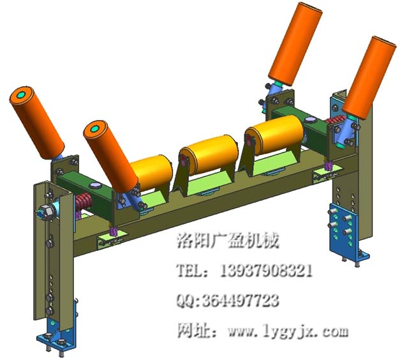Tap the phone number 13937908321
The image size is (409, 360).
pyautogui.click(x=267, y=271)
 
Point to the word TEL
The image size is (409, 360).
pyautogui.click(x=191, y=271)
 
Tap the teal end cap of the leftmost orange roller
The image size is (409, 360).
pyautogui.click(x=22, y=96)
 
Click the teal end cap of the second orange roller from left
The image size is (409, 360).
pyautogui.click(x=95, y=130)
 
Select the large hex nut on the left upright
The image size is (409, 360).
pyautogui.click(x=47, y=211)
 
